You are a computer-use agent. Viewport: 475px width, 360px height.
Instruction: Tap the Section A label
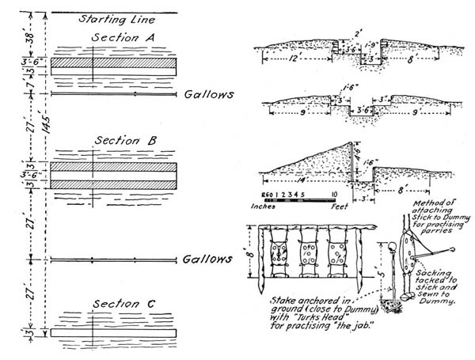coord(122,38)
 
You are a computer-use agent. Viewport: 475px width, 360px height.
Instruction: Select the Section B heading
coord(124,141)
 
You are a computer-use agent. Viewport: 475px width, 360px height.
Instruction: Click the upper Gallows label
coord(209,94)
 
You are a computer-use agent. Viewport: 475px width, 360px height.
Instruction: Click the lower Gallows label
coord(209,260)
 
